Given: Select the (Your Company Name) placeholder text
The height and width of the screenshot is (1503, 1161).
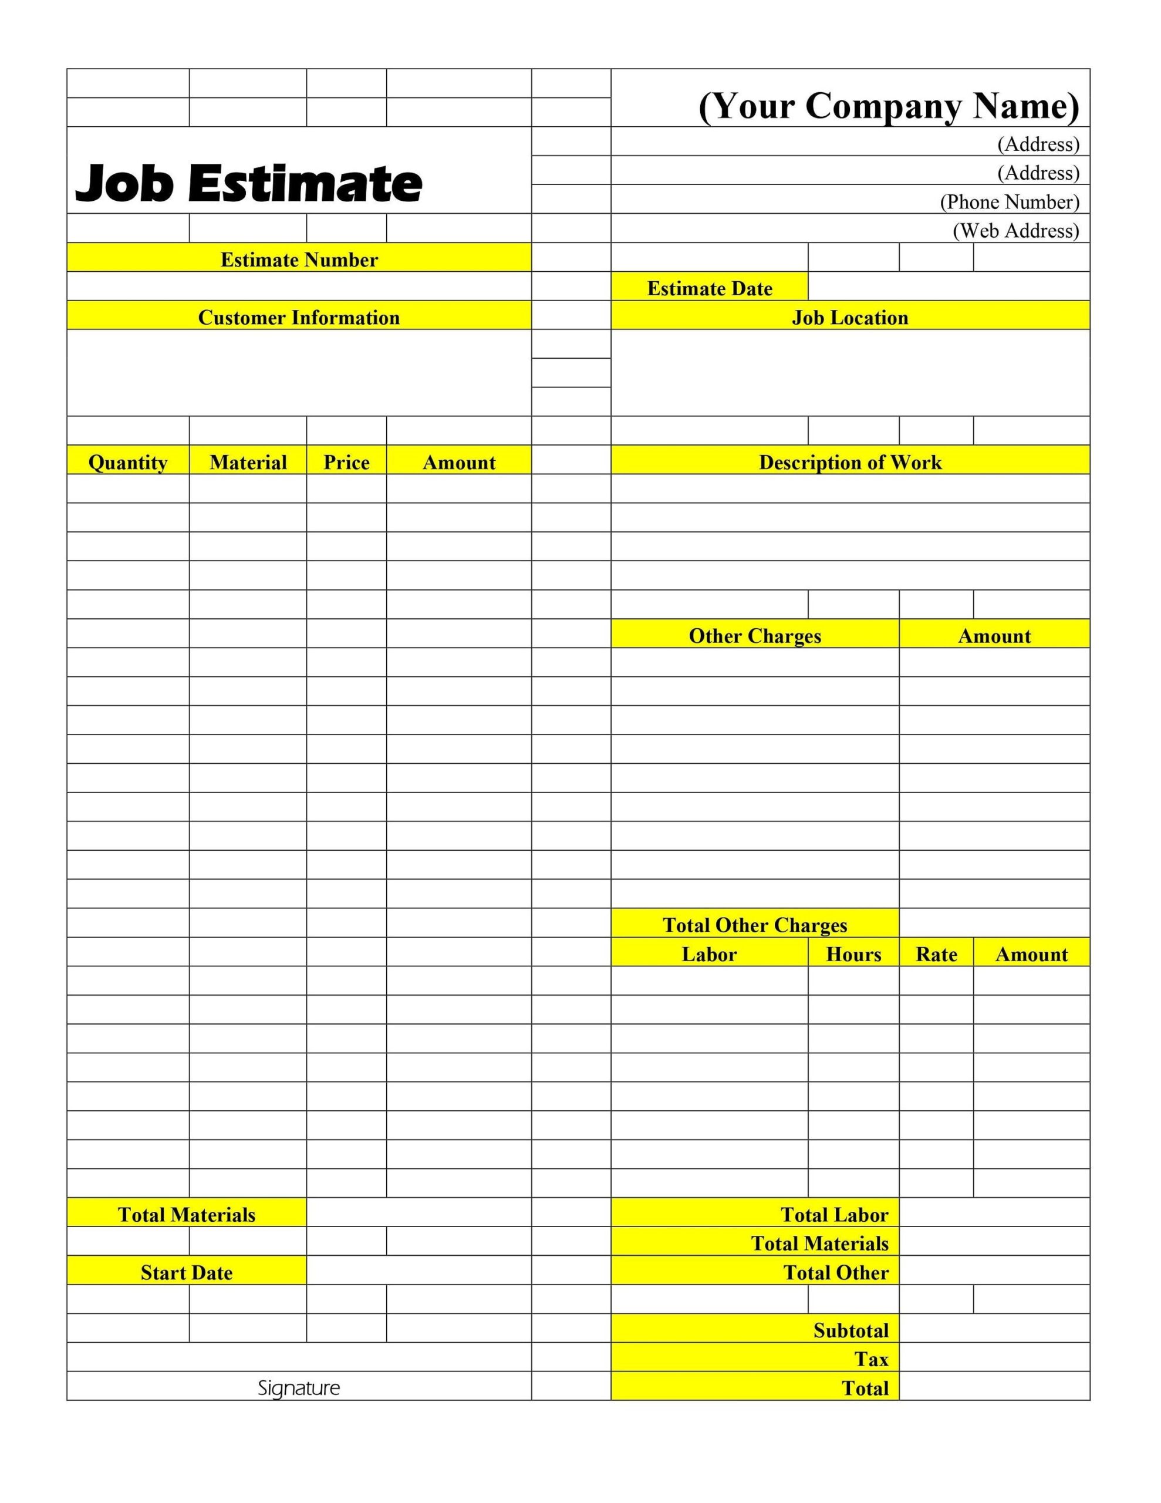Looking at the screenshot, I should pos(888,107).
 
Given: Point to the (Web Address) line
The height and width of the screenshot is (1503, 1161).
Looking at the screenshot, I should pos(1015,231).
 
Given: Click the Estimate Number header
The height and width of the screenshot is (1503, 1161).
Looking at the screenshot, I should pos(299,260).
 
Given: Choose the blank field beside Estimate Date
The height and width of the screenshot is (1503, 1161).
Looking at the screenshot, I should pos(949,287).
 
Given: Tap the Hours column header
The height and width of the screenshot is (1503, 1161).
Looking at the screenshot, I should pos(853,954).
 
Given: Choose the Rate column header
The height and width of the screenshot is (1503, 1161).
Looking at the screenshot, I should pos(936,954).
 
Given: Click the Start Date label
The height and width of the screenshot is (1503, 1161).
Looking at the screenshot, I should pos(187,1272).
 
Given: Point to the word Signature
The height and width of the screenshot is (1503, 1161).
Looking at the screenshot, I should pos(299,1388).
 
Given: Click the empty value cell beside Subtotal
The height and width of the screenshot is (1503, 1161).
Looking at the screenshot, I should pos(994,1330).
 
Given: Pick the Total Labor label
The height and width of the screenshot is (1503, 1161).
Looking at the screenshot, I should pos(833,1215).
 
